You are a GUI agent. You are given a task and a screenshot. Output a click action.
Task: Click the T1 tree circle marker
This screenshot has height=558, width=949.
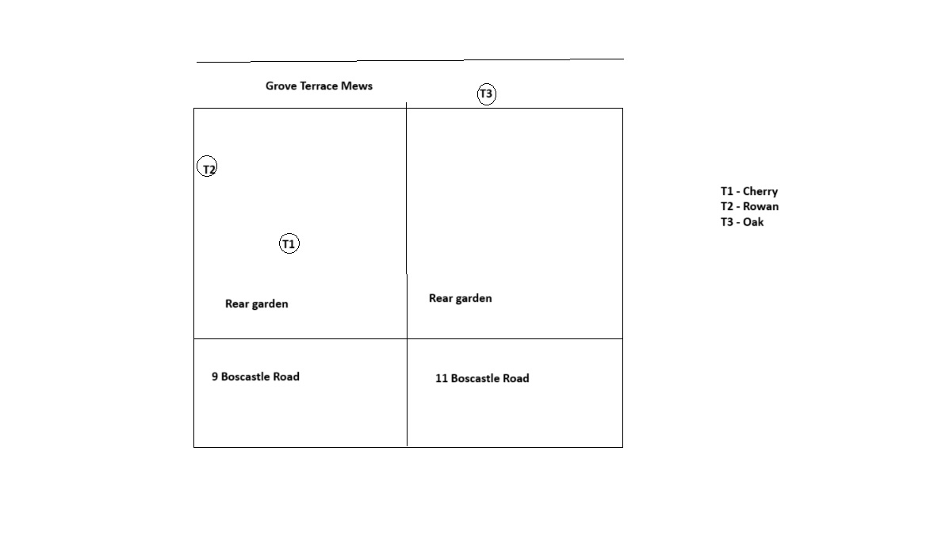click(x=289, y=234)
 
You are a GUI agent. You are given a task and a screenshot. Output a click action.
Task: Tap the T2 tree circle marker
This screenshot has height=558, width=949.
click(x=207, y=157)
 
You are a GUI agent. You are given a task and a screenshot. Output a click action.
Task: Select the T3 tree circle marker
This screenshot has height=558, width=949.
click(x=487, y=84)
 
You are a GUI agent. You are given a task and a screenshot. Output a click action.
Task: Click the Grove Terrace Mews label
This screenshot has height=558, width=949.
click(x=319, y=86)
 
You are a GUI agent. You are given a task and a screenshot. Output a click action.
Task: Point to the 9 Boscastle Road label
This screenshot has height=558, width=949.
click(x=255, y=376)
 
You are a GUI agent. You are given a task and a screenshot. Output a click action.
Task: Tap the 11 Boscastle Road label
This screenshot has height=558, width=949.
click(x=482, y=378)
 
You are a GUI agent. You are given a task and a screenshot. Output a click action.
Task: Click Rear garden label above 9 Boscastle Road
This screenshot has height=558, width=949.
click(x=257, y=304)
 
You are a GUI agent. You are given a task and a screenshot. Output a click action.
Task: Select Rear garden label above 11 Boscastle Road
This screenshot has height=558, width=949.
click(x=461, y=298)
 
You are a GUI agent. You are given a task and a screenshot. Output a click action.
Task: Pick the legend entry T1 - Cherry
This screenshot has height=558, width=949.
click(x=749, y=191)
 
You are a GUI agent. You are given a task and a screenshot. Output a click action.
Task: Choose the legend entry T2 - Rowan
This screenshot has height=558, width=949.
click(x=750, y=206)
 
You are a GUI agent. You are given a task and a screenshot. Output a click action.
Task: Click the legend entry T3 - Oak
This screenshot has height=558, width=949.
click(x=742, y=222)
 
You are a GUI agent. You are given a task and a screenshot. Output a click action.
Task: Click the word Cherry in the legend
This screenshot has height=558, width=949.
click(x=760, y=191)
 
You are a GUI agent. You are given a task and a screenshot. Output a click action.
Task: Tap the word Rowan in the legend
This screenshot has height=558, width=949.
click(x=761, y=206)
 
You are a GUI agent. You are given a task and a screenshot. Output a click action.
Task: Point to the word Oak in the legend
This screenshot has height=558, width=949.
click(x=753, y=222)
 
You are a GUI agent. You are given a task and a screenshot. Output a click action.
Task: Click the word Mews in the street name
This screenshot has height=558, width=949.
click(x=357, y=86)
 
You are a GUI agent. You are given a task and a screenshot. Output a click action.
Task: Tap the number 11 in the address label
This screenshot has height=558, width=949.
click(x=442, y=378)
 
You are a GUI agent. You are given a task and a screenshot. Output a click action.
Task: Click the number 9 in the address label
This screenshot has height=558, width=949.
click(x=215, y=376)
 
